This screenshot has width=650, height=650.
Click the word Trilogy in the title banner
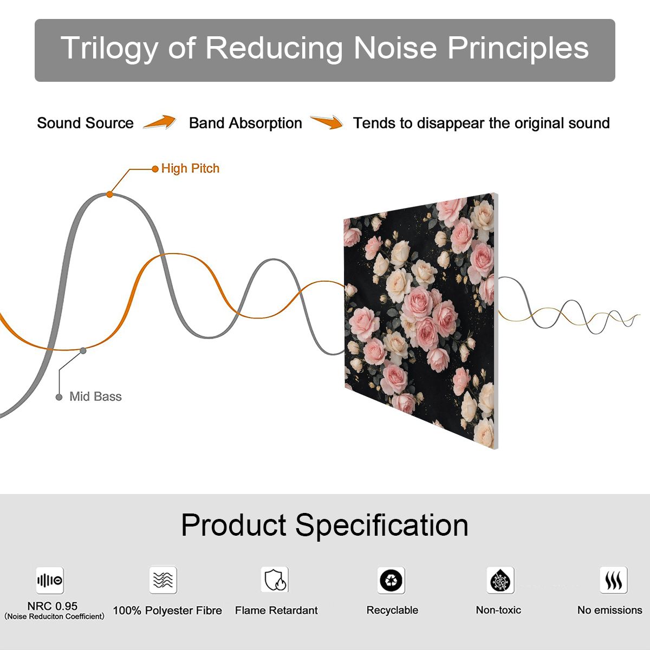tap(109, 48)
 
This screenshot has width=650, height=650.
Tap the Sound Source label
tap(86, 123)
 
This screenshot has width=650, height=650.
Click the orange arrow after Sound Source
tap(160, 122)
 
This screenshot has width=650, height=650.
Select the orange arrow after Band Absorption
tap(327, 122)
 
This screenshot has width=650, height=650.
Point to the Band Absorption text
tap(245, 123)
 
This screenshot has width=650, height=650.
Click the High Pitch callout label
tap(190, 168)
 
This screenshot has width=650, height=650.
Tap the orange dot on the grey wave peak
tap(109, 194)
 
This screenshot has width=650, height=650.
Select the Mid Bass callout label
tap(95, 396)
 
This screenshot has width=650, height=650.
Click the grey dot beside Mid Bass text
tap(59, 397)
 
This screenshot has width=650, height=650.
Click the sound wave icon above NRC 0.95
tap(50, 580)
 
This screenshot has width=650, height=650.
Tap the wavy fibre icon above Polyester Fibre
tap(163, 580)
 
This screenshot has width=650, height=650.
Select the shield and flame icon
tap(275, 580)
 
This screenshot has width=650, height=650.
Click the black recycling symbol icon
tap(391, 580)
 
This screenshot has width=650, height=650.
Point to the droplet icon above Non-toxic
tap(500, 580)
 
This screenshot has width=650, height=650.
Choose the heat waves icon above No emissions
tap(614, 580)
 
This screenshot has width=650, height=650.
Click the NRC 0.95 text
tap(53, 606)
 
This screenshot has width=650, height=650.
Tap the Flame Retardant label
tap(276, 610)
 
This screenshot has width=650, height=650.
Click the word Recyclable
tap(392, 610)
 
